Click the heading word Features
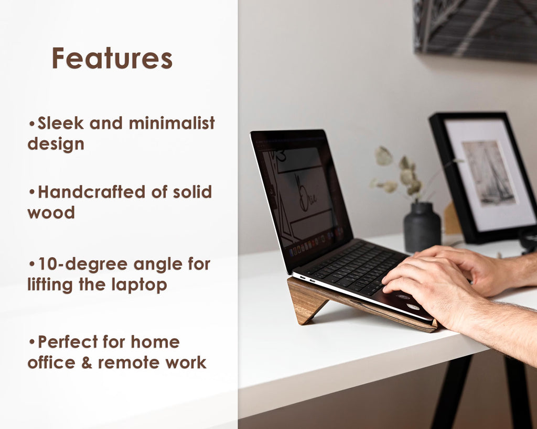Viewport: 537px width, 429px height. coord(112,58)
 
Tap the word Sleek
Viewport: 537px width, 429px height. coord(61,124)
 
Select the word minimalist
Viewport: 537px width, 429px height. coord(171,124)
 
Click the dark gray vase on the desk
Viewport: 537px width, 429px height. coord(422,228)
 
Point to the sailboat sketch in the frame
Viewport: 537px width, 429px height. coord(489,172)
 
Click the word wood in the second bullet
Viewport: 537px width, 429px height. coord(51,213)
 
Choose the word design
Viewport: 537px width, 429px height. coord(56,144)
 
